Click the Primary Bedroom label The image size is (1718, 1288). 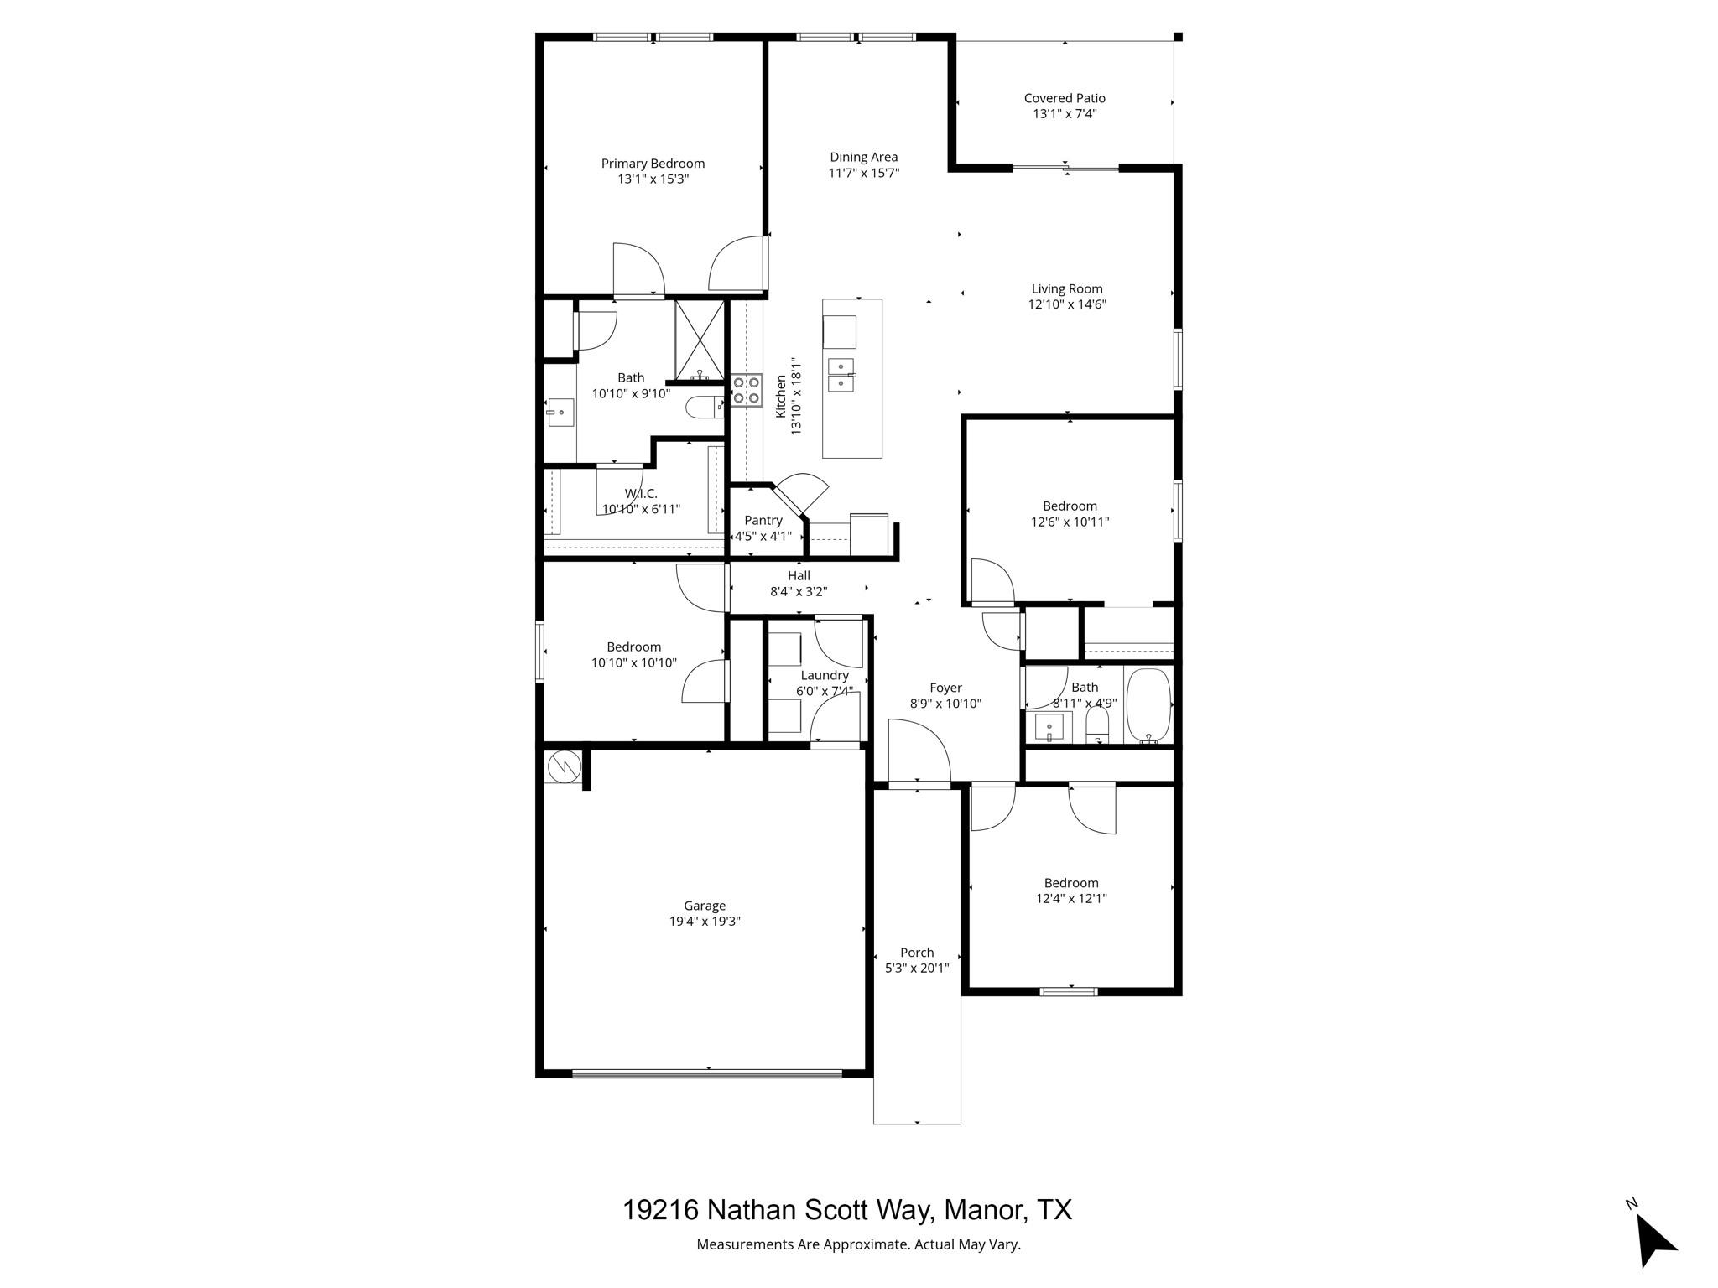pos(653,164)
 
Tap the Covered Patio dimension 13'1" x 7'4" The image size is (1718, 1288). pos(1065,114)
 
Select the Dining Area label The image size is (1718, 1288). pos(863,157)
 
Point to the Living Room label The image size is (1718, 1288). pos(1067,289)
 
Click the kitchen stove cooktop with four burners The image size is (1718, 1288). pos(746,390)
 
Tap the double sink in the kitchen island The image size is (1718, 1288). pos(841,375)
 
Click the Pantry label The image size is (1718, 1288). pos(763,520)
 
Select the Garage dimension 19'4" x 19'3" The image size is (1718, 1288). pos(704,922)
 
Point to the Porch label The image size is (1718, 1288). pos(917,953)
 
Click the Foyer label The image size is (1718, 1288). pos(945,688)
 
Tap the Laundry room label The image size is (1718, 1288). pos(825,675)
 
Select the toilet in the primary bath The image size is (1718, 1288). pos(703,408)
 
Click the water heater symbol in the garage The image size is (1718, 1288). pos(563,766)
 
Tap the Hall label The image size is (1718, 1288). pos(799,575)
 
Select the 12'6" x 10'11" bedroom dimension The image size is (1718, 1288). pos(1070,522)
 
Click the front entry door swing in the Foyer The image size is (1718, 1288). pos(919,755)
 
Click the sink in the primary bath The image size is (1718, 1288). pos(560,413)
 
